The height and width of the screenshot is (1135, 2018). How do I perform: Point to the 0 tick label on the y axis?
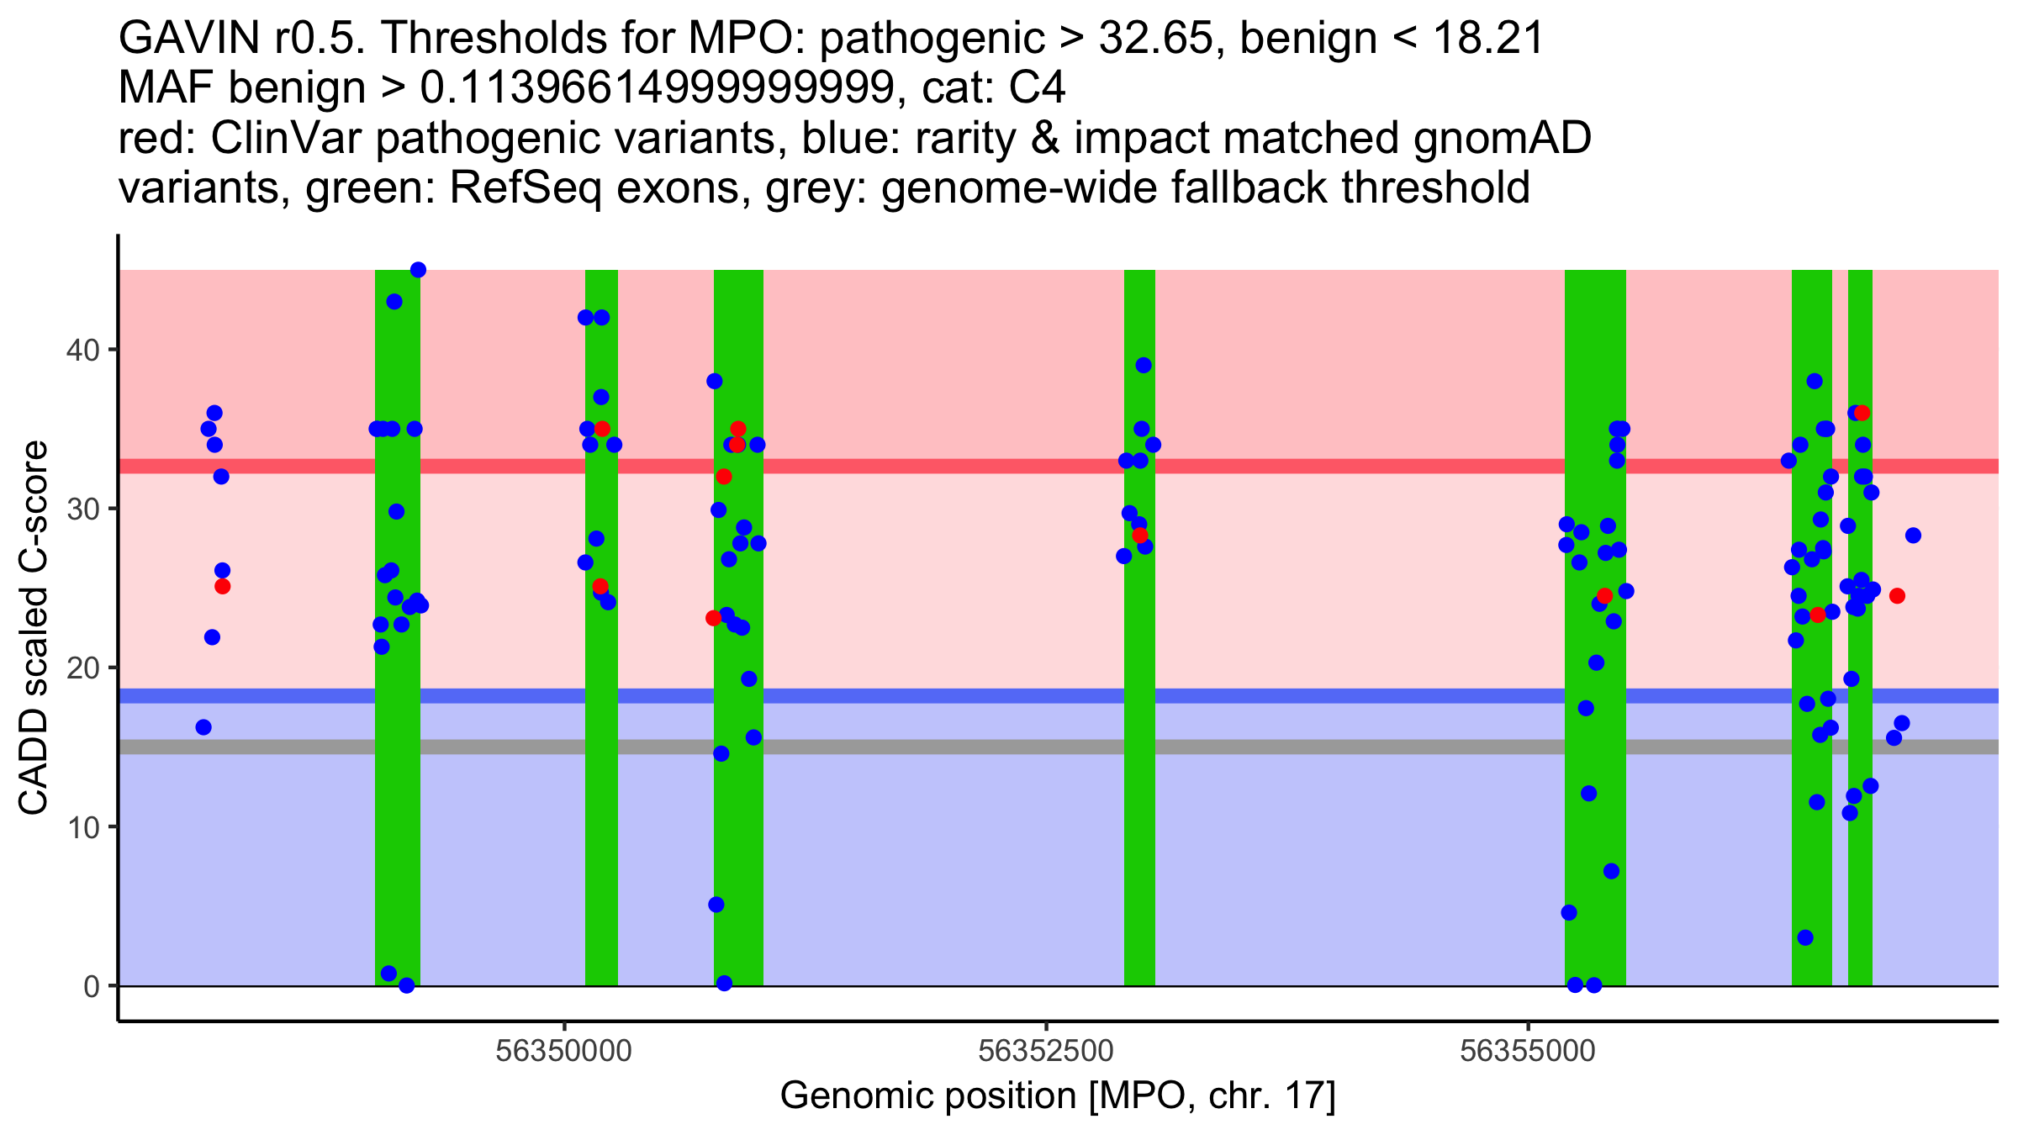coord(91,986)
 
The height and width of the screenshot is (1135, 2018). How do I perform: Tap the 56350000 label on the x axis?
coord(563,1051)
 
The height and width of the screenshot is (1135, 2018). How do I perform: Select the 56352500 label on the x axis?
coord(1046,1051)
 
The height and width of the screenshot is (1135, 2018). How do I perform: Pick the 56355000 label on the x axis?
coord(1528,1051)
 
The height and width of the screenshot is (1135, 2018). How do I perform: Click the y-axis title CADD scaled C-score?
coord(34,629)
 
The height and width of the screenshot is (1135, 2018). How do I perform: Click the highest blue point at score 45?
coord(418,270)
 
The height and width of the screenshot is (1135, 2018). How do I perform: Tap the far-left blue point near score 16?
coord(203,727)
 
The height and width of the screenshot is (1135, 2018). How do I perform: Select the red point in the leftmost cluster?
coord(222,586)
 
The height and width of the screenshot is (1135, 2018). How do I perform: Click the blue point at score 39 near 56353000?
coord(1144,365)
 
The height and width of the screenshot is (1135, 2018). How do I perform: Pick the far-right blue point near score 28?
coord(1913,536)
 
